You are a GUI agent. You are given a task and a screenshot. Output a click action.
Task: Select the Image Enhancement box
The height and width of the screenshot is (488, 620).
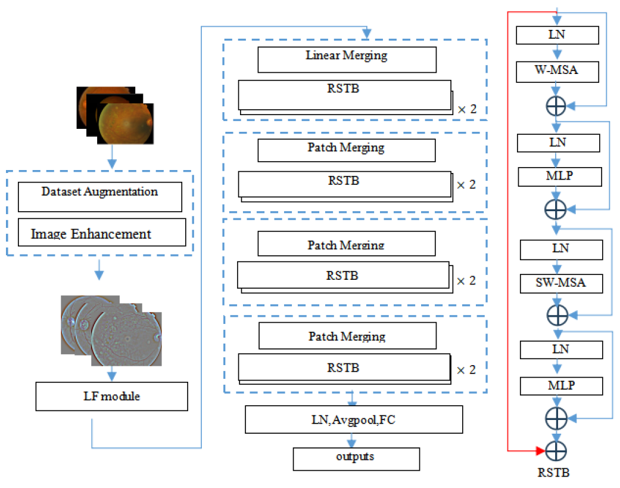pos(102,232)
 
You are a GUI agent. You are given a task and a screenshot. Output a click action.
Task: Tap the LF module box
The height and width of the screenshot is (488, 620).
pos(111,396)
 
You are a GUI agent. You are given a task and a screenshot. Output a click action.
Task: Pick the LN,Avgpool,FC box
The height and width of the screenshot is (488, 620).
pos(354,420)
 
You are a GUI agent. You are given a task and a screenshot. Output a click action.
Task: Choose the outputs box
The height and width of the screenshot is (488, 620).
pos(356,458)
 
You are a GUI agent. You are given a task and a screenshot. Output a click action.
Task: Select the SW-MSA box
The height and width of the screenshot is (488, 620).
pos(561,283)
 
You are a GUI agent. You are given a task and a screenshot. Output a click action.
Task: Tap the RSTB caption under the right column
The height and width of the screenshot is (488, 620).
pos(554,473)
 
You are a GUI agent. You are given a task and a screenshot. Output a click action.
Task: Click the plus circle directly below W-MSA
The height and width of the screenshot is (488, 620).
pos(556,106)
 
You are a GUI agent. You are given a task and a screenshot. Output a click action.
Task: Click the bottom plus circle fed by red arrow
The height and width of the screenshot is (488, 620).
pos(554,449)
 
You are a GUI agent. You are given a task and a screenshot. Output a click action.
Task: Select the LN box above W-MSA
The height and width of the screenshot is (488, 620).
pos(557,35)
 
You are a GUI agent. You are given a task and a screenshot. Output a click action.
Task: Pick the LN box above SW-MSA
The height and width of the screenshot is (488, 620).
pos(561,249)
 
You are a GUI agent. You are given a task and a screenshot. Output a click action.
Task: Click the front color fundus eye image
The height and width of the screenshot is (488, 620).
pos(126,123)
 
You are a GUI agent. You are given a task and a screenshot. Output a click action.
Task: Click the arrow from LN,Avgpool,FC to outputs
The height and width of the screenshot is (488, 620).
pos(353,440)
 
